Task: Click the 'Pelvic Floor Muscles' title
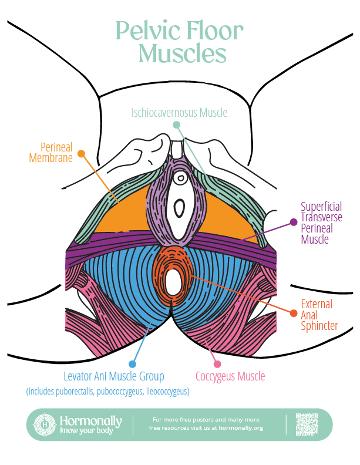pos(179,42)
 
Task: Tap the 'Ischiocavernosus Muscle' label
pos(179,112)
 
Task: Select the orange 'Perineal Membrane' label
pos(56,152)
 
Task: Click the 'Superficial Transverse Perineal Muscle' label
pos(321,223)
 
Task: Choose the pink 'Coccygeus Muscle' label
pos(230,376)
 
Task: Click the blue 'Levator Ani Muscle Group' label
pos(113,376)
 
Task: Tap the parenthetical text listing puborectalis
pos(107,391)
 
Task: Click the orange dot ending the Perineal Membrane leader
pos(82,154)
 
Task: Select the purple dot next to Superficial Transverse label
pos(292,222)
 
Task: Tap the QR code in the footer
pos(306,424)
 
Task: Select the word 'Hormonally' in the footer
pos(90,421)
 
